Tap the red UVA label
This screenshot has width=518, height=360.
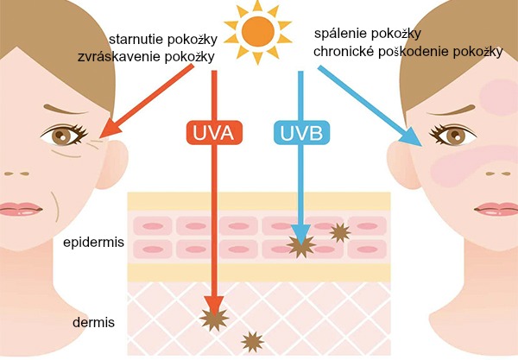click(213, 133)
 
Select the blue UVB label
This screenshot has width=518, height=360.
click(300, 133)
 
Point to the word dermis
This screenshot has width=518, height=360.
click(95, 323)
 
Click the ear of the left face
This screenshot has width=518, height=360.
click(117, 161)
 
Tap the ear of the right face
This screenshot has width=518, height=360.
click(401, 161)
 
